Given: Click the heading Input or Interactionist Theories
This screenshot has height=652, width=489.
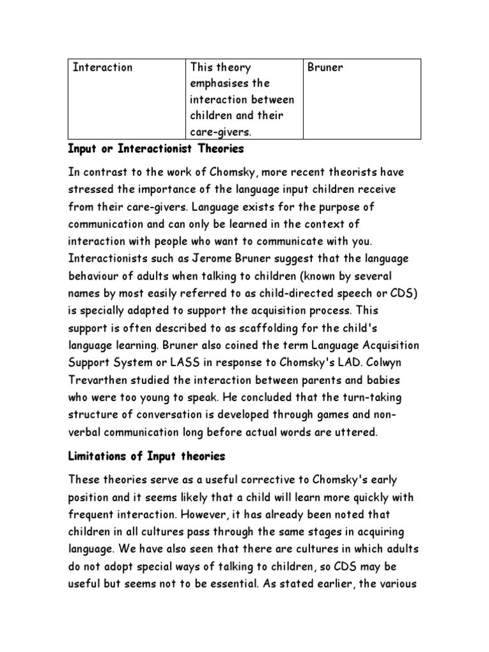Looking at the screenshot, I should pos(156,150).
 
